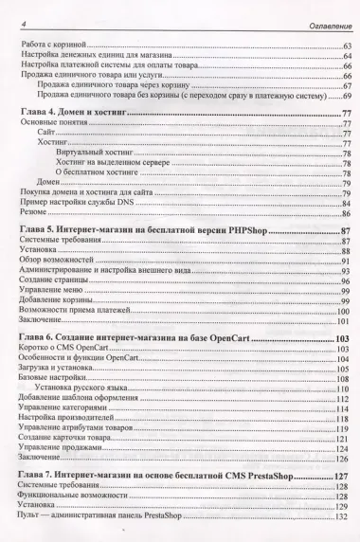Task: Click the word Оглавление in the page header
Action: pyautogui.click(x=323, y=23)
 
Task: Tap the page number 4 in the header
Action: pyautogui.click(x=22, y=23)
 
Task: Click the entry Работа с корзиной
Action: pyautogui.click(x=53, y=45)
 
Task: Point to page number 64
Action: pyautogui.click(x=344, y=58)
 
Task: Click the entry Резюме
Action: pyautogui.click(x=34, y=215)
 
